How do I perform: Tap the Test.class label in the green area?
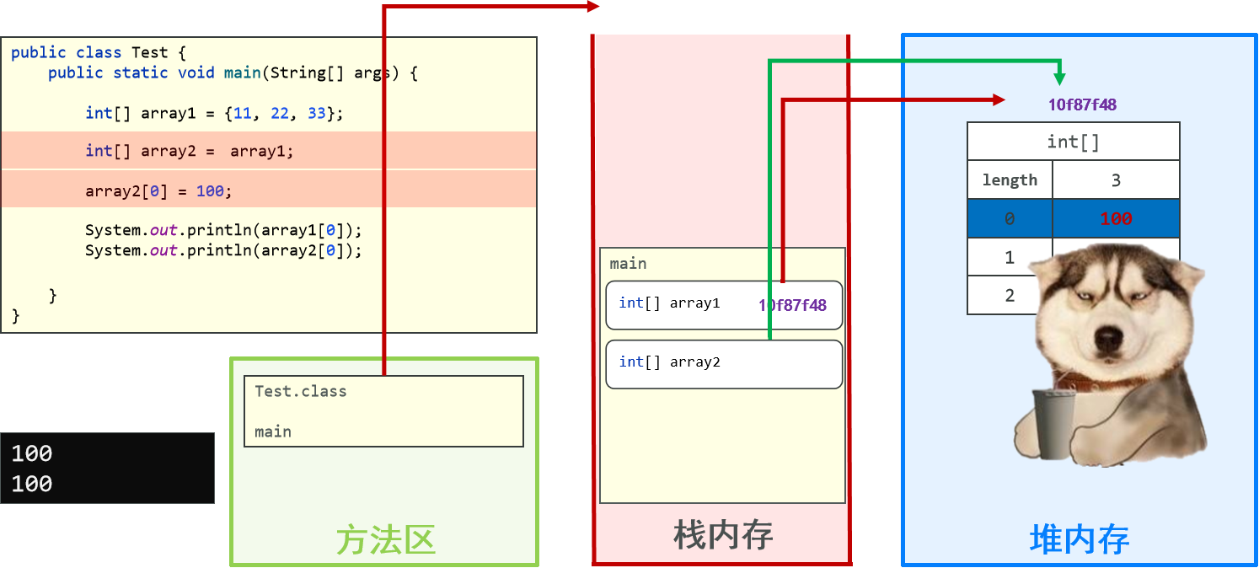coord(301,391)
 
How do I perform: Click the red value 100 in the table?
coord(1115,219)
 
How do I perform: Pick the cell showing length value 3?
coord(1115,180)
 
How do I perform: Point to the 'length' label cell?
coord(1010,180)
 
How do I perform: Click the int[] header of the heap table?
coord(1073,142)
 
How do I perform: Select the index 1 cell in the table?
coord(1010,257)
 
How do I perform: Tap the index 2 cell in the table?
coord(1010,295)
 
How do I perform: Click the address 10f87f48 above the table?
coord(1082,105)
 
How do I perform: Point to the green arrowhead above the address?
coord(1059,78)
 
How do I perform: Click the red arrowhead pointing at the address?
coord(999,99)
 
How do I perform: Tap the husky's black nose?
coord(1106,338)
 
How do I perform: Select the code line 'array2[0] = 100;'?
coord(158,191)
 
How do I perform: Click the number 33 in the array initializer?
coord(316,113)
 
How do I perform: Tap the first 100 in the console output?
coord(32,453)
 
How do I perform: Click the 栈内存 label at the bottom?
coord(723,534)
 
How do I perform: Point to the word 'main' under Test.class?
coord(273,431)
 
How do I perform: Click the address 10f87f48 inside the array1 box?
coord(792,305)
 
